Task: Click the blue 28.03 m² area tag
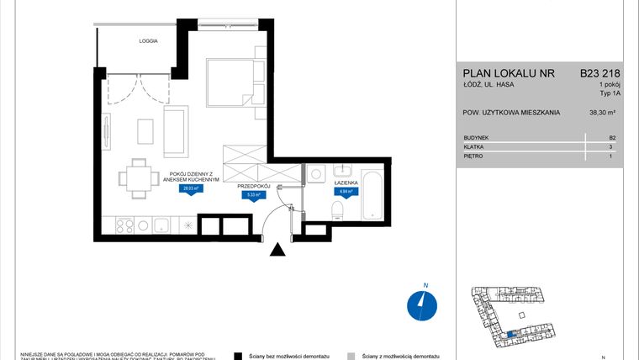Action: [x=192, y=189]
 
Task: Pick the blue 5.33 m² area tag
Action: [x=251, y=194]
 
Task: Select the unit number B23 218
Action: [x=599, y=73]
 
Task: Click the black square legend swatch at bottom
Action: [x=238, y=356]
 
